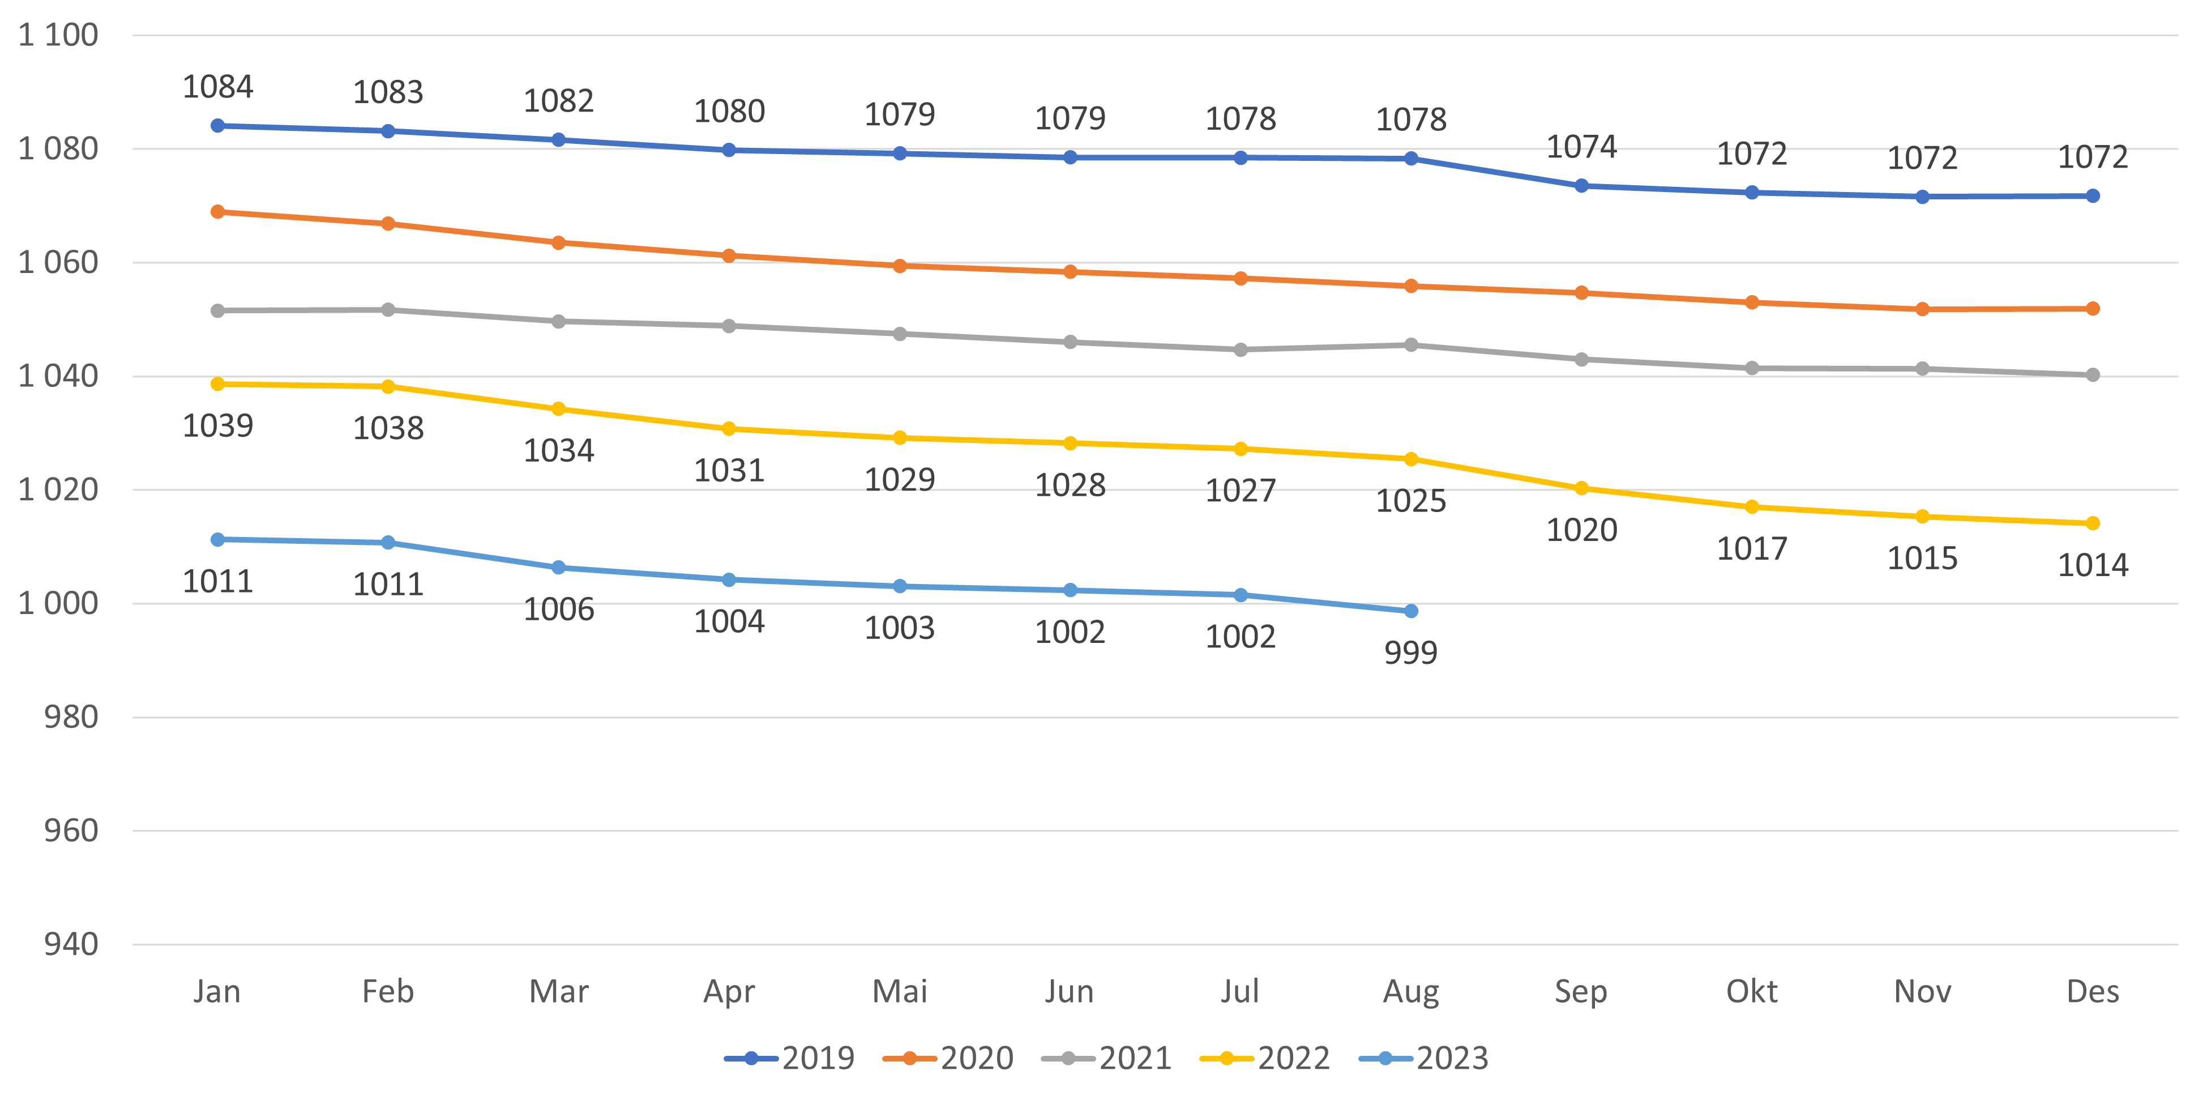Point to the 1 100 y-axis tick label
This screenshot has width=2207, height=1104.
(x=58, y=35)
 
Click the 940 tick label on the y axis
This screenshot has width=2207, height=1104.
(x=71, y=945)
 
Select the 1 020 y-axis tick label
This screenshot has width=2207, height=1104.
(x=58, y=489)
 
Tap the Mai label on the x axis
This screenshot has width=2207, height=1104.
(x=900, y=992)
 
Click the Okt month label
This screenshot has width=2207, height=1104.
(x=1751, y=992)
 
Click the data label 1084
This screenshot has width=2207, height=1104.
(x=217, y=87)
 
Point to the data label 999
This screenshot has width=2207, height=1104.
(x=1410, y=653)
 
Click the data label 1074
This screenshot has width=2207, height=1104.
(x=1581, y=147)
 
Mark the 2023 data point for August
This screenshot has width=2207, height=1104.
(x=1411, y=611)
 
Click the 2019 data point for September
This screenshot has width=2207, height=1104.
(x=1581, y=186)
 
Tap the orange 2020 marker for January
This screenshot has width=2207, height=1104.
(x=217, y=212)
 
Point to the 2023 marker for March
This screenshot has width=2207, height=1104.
(x=559, y=568)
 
